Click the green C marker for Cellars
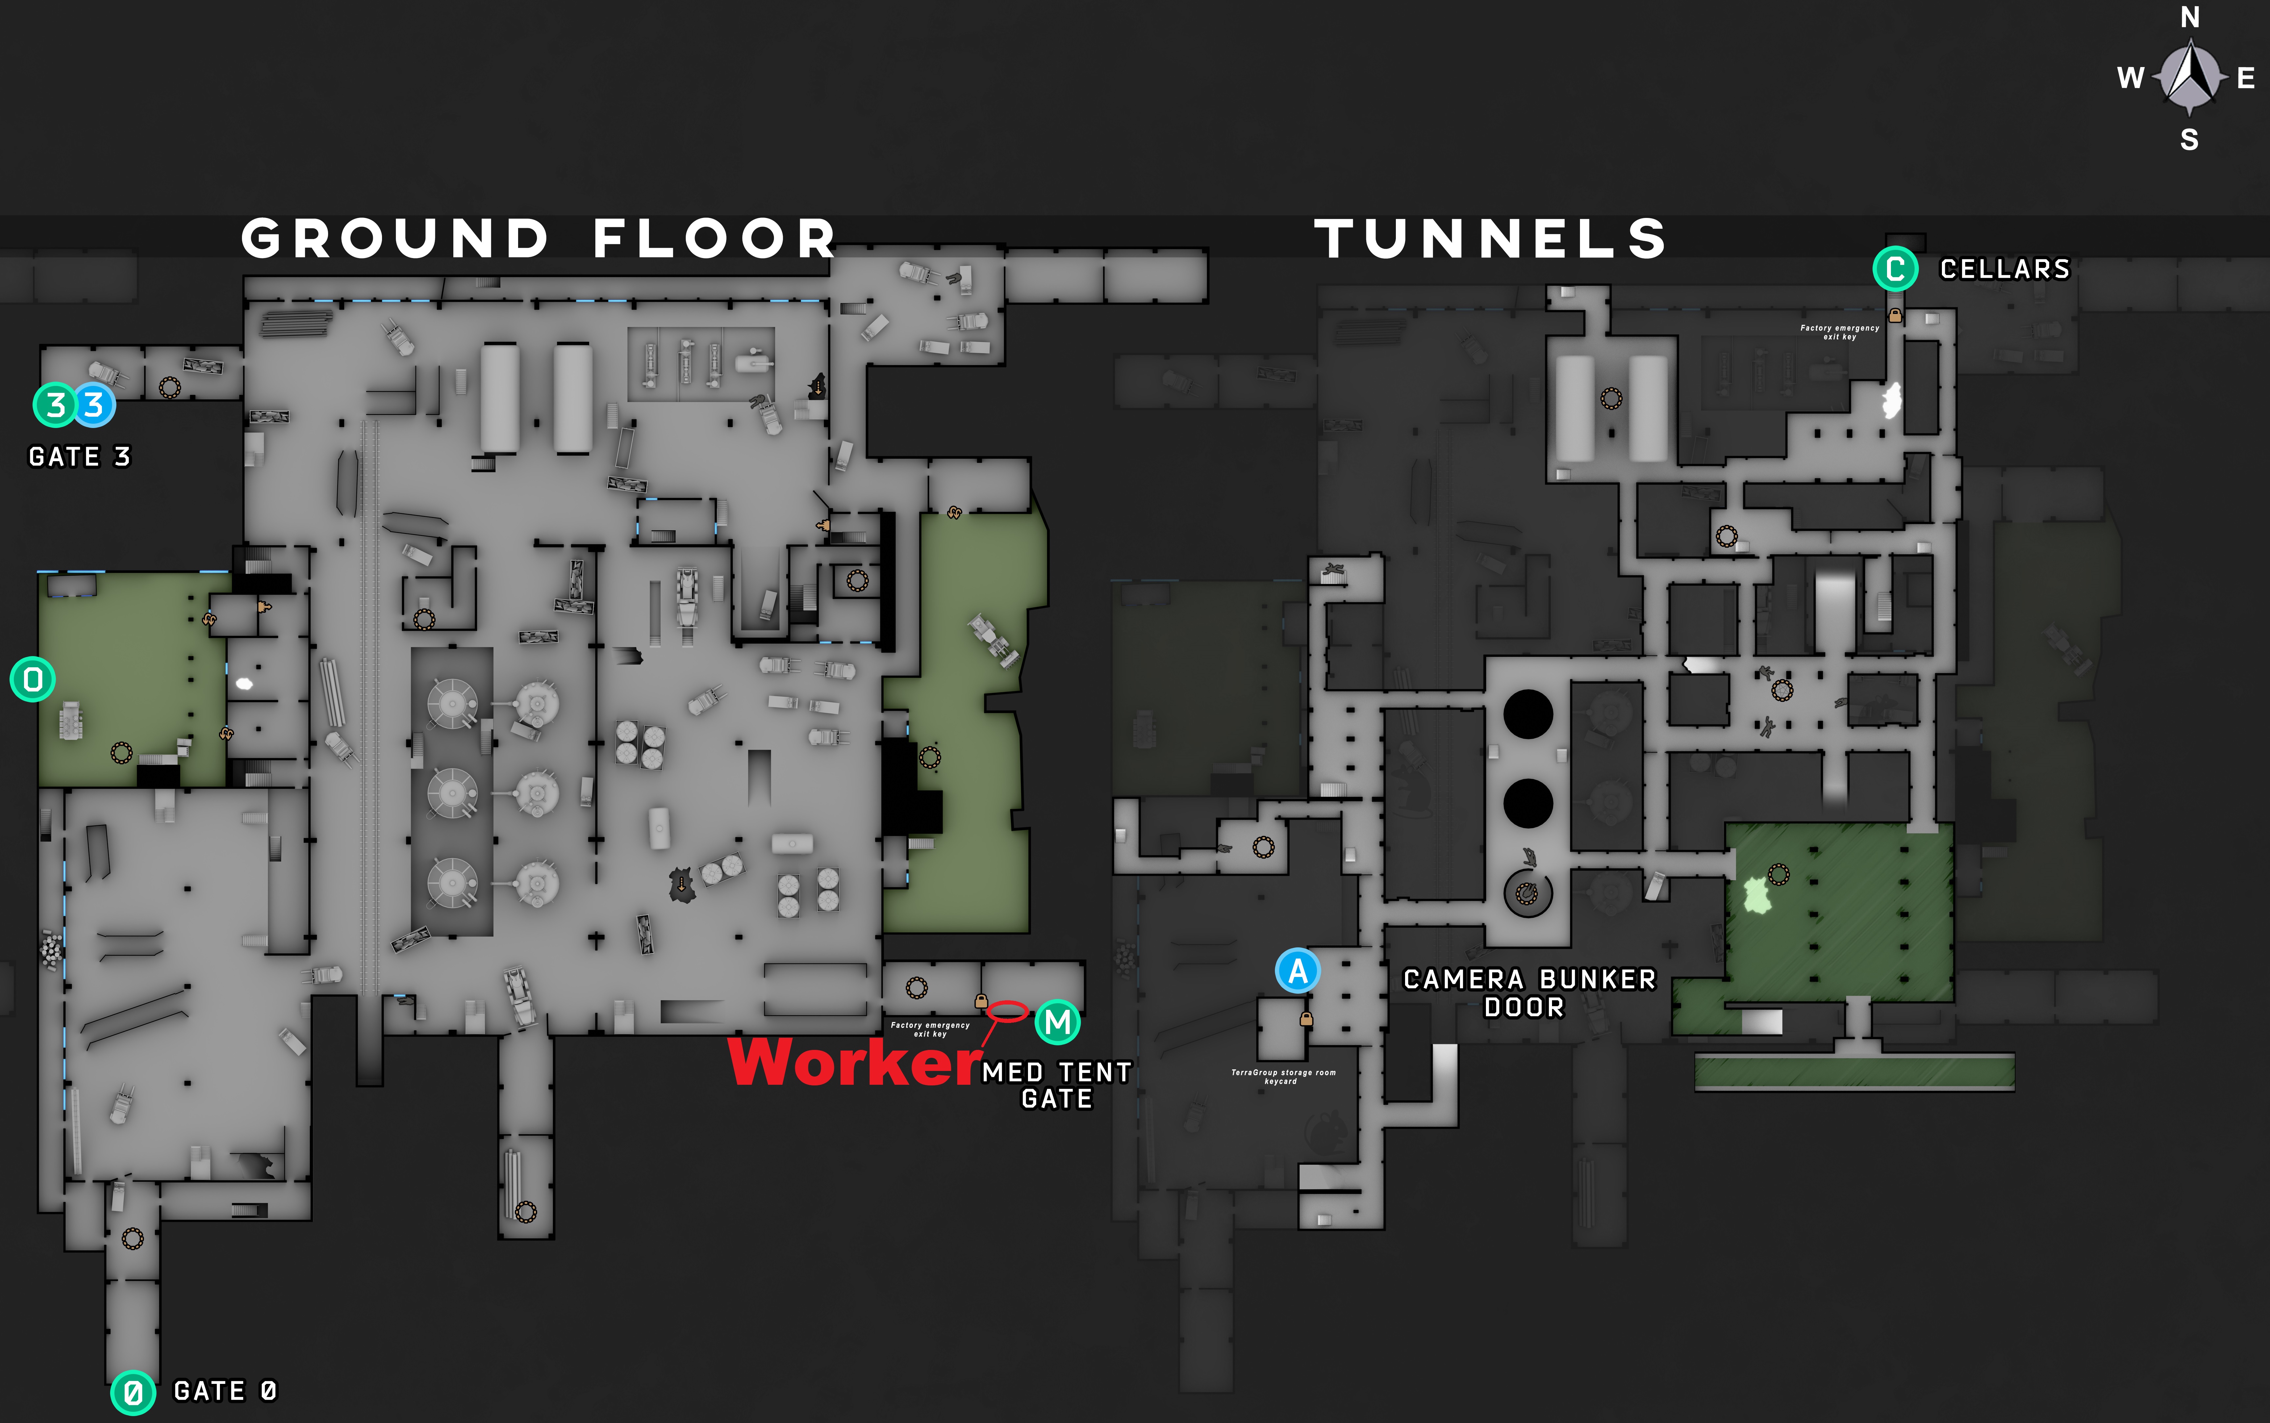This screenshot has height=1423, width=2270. (1895, 269)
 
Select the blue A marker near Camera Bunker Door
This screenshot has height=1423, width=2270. (1298, 970)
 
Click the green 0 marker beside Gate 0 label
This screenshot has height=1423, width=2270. (133, 1392)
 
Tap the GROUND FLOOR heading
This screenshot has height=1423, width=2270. (538, 238)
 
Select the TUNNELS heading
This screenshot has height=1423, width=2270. (1491, 238)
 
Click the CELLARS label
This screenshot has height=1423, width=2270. (2005, 269)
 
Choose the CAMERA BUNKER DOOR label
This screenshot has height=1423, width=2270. (1528, 993)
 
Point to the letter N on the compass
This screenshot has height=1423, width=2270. (2190, 17)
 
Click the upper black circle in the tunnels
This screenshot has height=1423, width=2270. (1527, 714)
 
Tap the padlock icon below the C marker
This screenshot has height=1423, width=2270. (1896, 315)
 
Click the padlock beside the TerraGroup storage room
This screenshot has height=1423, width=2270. (1306, 1019)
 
